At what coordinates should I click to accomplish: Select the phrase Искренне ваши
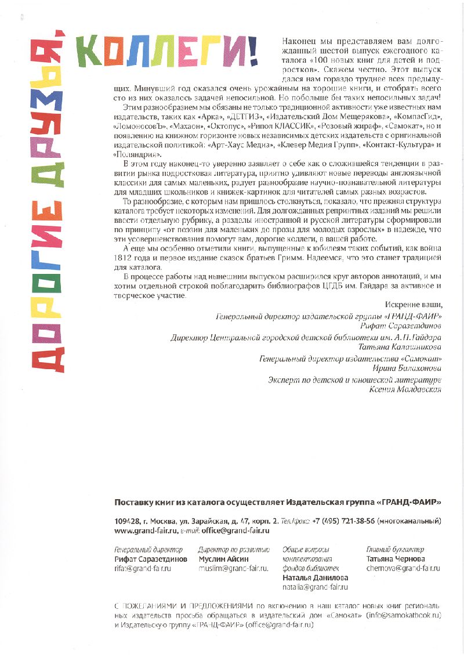(x=413, y=305)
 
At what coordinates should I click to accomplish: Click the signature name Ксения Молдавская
(x=405, y=389)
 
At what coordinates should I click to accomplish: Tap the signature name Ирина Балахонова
(x=407, y=368)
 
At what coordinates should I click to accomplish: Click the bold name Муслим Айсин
(x=223, y=559)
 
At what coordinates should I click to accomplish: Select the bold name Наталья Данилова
(x=315, y=578)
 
